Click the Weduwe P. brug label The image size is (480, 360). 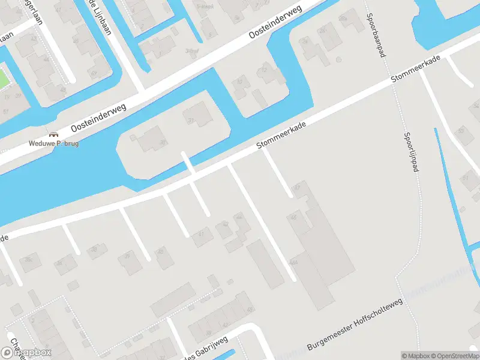pyautogui.click(x=55, y=143)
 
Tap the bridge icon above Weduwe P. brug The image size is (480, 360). pyautogui.click(x=54, y=135)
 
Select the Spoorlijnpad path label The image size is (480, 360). pyautogui.click(x=411, y=152)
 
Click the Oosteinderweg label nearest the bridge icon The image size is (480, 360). pyautogui.click(x=98, y=116)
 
